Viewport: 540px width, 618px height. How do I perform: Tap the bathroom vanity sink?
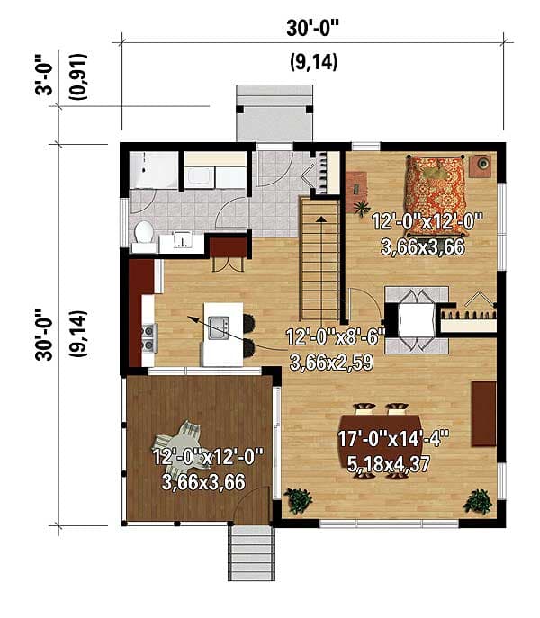tap(183, 241)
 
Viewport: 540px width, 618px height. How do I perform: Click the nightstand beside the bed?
tap(482, 165)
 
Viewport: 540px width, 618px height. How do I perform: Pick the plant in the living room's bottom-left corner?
tap(298, 499)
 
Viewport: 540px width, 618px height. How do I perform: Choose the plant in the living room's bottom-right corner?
tap(479, 500)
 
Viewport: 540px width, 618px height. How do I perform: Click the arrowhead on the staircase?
tap(320, 218)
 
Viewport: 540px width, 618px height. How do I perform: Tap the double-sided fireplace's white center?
tap(417, 318)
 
